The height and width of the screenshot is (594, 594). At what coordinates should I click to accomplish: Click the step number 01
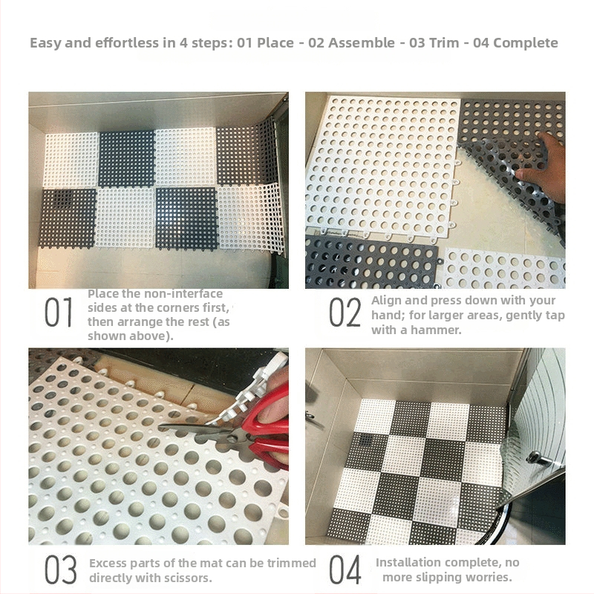[x=59, y=313]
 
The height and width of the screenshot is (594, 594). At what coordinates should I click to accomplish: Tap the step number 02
[x=345, y=313]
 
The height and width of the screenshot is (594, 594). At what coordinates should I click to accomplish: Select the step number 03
[x=59, y=569]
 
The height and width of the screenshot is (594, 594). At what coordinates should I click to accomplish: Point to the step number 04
[x=345, y=569]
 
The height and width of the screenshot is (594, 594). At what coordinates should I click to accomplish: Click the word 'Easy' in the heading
[x=46, y=42]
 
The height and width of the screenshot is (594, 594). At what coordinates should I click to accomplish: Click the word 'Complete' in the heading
[x=525, y=42]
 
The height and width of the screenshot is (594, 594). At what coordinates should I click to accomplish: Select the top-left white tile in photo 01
[x=72, y=159]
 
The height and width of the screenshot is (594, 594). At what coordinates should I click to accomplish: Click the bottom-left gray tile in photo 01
[x=68, y=218]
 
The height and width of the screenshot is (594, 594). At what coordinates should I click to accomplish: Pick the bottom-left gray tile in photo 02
[x=368, y=263]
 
